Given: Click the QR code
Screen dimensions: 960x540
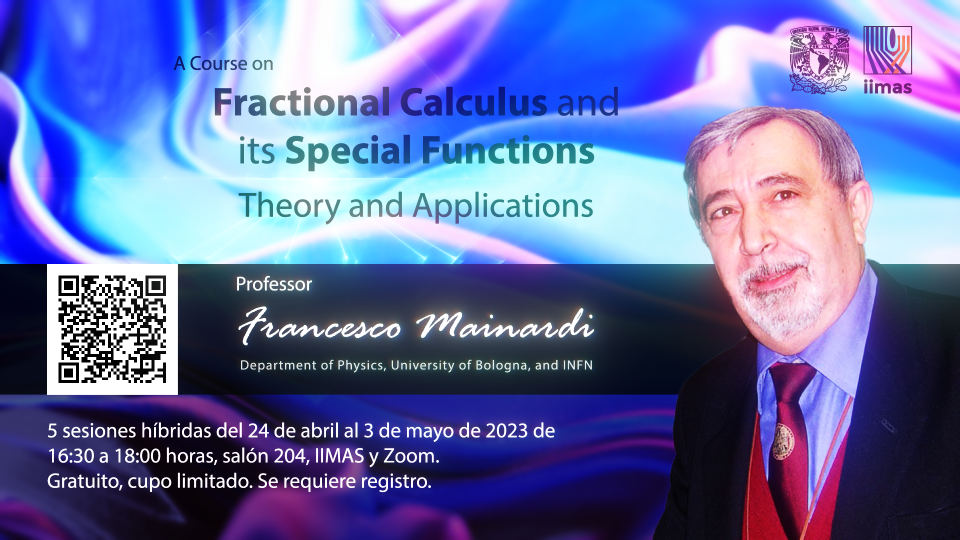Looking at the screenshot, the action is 112,329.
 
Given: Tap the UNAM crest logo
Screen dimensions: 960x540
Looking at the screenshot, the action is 819,60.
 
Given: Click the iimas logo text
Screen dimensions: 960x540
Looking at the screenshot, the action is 887,87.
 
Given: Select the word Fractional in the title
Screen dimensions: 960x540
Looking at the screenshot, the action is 301,102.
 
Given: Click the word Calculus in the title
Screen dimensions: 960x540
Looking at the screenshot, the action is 473,102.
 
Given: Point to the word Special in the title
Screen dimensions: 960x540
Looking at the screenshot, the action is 348,151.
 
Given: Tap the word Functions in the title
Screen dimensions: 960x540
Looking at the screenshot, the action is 508,150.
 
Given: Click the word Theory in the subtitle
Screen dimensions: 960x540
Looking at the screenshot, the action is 289,206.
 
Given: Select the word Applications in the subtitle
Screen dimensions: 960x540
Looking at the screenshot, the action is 503,206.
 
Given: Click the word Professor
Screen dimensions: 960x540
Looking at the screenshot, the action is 274,284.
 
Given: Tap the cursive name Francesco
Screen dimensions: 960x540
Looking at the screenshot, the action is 320,326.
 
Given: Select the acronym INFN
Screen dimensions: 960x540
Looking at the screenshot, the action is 578,365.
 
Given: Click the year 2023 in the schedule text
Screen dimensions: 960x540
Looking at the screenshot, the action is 506,430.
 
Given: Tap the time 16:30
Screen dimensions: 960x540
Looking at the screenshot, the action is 70,456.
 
